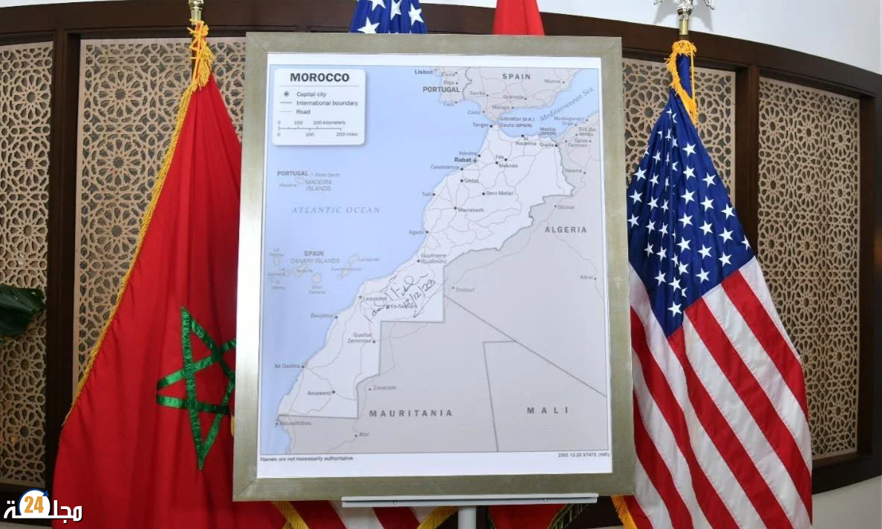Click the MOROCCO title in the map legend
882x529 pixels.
coord(319,77)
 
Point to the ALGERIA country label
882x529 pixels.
coord(566,230)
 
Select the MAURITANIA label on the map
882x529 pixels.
coord(410,413)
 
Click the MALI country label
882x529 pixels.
coord(547,410)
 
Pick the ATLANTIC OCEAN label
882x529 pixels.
coord(336,210)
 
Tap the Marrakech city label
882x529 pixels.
coord(471,210)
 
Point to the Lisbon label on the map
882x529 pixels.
coord(423,72)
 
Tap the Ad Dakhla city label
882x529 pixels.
coord(287,366)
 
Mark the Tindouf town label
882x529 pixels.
coord(465,290)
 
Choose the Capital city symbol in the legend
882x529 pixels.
coord(286,94)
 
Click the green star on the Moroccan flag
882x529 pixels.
coord(195,378)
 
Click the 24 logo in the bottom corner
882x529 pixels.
coord(34,505)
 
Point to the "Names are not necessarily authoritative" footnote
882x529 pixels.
coord(307,459)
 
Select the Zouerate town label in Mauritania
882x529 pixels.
coord(384,387)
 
